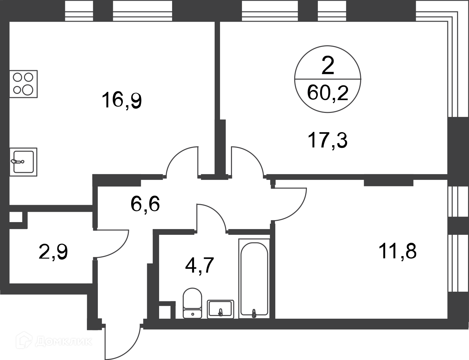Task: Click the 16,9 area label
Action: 121,100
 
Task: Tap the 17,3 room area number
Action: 328,140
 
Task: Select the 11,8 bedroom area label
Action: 397,251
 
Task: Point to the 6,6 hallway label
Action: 145,204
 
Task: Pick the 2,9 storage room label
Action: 53,252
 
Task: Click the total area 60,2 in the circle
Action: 328,93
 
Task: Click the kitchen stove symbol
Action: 23,84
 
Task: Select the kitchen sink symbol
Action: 23,162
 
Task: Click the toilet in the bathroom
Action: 192,303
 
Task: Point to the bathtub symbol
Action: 254,278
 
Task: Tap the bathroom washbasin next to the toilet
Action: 220,309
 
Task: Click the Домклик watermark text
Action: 64,342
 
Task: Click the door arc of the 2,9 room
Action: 120,248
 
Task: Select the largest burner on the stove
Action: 28,90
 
